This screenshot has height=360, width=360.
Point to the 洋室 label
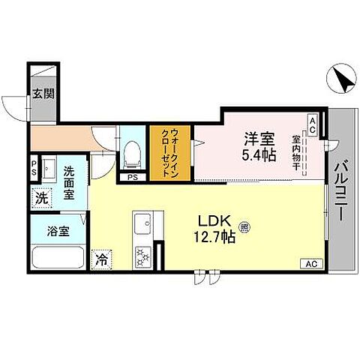[x=257, y=139]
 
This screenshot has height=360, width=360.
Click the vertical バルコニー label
[x=340, y=190]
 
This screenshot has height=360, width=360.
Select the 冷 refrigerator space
[x=101, y=260]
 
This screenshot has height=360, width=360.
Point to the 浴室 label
[x=49, y=231]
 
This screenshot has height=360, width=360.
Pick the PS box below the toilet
[x=132, y=178]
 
